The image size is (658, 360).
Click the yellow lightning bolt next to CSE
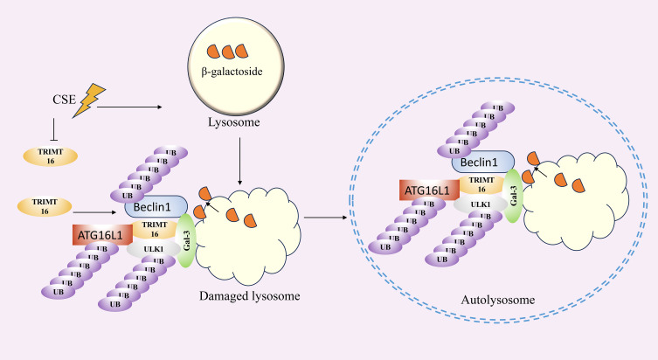coord(88,100)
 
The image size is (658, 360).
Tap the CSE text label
coord(64,100)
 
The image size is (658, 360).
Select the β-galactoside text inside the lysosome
coord(232,72)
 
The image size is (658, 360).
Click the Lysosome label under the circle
coord(233,122)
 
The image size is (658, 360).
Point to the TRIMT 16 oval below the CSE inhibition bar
coord(51,156)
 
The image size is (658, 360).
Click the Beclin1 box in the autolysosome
coord(483,162)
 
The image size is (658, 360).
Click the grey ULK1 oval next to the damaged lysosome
coord(154,249)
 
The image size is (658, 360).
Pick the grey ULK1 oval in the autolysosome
coord(481,204)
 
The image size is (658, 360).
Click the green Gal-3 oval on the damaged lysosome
coord(186,240)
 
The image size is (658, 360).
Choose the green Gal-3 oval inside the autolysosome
coord(513,196)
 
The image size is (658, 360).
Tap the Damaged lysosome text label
coord(250,296)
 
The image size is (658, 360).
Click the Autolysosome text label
coord(498,300)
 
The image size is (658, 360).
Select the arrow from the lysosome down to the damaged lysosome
coord(239,161)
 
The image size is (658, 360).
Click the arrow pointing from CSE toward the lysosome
coord(129,107)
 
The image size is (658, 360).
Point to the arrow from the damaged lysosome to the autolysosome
coord(326,218)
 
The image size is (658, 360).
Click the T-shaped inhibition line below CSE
coord(53,129)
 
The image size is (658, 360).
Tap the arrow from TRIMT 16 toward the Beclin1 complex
coord(95,212)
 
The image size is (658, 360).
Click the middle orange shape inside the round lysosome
coord(228,52)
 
